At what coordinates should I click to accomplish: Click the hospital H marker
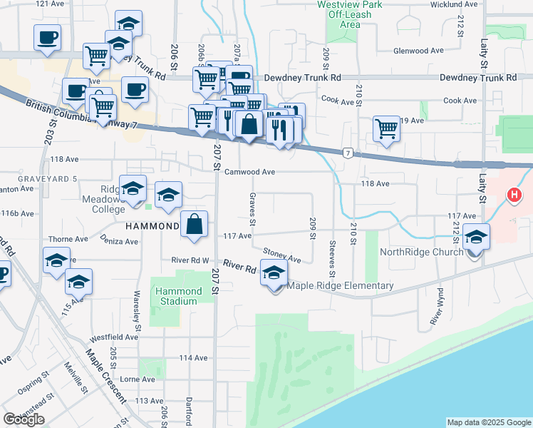(513, 194)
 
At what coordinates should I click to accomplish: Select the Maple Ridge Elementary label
(340, 286)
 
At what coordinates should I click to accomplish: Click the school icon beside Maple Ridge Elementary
(274, 272)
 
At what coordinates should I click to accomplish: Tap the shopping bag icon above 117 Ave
(195, 225)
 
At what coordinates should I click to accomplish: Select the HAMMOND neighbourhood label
(152, 226)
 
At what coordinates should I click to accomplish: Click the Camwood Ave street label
(249, 172)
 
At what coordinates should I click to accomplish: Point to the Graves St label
(252, 205)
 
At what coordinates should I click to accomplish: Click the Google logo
(24, 419)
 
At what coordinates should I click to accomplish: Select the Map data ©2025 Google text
(488, 422)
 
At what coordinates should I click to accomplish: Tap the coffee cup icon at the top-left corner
(47, 36)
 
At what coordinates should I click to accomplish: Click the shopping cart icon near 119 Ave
(386, 129)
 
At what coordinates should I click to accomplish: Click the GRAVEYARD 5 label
(29, 178)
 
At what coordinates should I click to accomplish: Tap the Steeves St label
(332, 258)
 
